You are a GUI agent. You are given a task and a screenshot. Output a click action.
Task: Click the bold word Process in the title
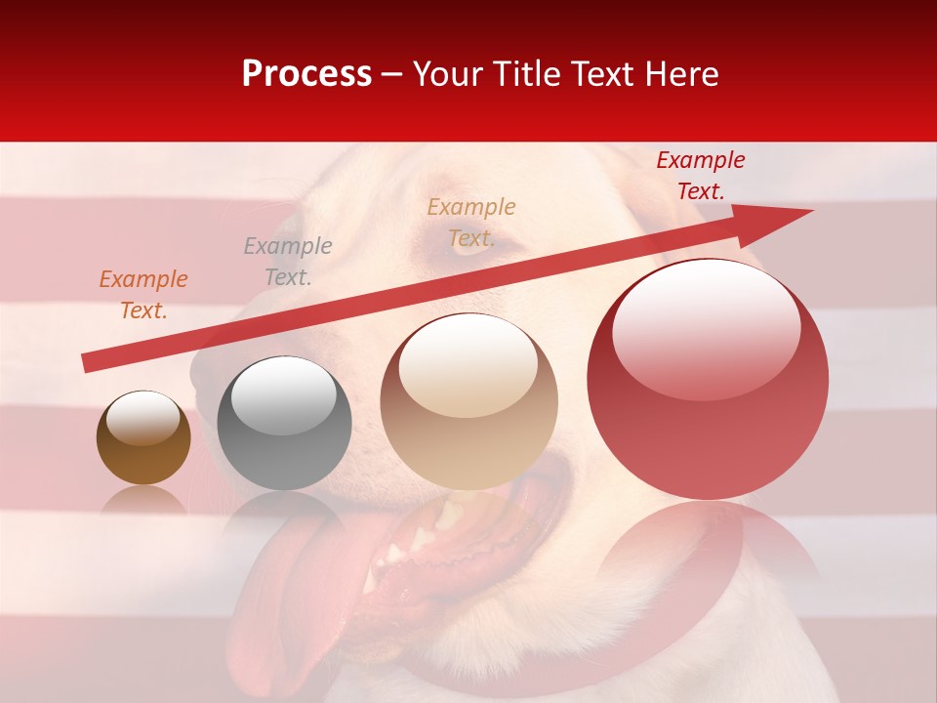pos(306,74)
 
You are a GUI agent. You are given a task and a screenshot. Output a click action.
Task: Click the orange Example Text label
pos(143,295)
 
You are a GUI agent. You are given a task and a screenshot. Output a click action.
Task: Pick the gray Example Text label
pos(288,262)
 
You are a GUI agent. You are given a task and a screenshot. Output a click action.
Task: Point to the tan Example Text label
pos(471,223)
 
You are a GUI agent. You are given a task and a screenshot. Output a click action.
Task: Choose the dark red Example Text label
pos(701,176)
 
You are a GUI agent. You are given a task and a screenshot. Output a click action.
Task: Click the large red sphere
pos(708,381)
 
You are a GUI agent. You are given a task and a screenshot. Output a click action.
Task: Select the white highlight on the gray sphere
pos(283,393)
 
